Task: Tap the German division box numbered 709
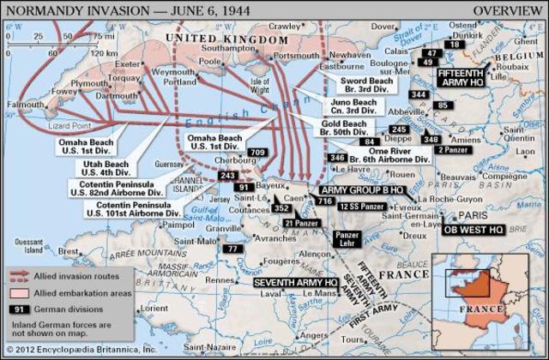point(256,153)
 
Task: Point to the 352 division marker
point(281,207)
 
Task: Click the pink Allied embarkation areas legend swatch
point(19,293)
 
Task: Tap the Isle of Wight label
point(258,86)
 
